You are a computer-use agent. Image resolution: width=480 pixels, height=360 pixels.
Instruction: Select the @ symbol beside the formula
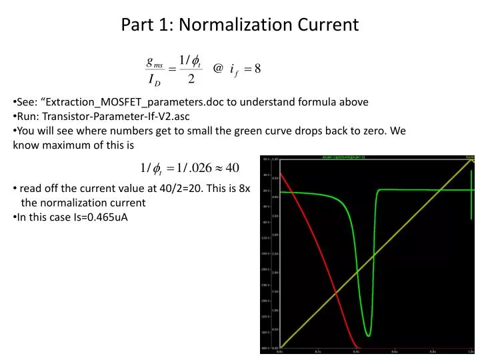point(217,68)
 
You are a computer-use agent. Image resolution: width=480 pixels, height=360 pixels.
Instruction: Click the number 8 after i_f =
point(265,68)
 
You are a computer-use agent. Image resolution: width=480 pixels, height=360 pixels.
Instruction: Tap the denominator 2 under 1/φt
point(191,80)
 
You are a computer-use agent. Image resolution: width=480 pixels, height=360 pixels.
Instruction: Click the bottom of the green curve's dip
point(368,334)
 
